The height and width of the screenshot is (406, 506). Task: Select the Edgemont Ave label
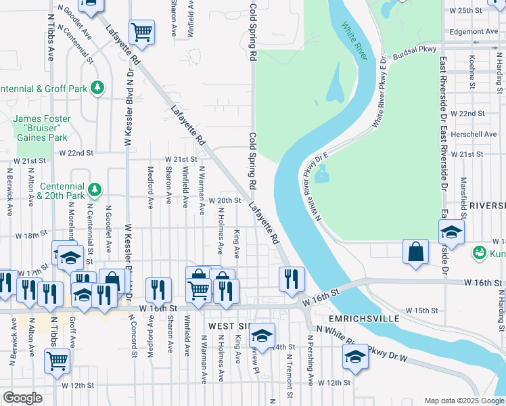point(474,31)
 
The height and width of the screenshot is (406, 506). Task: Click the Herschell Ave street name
point(473,134)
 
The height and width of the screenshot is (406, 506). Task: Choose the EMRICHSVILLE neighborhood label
point(365,317)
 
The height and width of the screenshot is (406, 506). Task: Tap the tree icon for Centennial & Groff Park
point(98,88)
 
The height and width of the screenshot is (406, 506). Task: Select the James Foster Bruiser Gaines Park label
point(41,128)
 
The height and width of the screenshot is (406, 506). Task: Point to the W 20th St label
point(225,200)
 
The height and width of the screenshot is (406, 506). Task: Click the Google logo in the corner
point(23,398)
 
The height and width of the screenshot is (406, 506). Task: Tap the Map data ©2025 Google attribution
point(464,401)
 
